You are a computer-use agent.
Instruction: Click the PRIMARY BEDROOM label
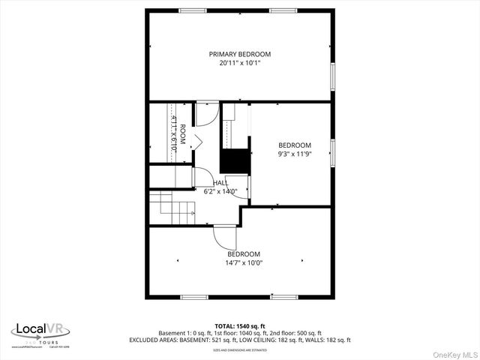(239, 54)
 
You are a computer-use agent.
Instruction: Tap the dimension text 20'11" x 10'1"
(239, 64)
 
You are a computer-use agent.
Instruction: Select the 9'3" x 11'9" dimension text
(294, 155)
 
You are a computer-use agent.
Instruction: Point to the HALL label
(220, 182)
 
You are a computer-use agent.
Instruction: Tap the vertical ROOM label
(181, 133)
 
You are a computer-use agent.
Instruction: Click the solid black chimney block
(234, 161)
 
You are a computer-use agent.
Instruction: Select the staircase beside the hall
(171, 207)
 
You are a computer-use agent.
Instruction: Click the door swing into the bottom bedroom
(224, 237)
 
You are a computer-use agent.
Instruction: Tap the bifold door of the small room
(196, 139)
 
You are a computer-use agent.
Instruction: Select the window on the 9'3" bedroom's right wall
(332, 151)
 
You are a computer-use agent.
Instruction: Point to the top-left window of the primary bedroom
(193, 10)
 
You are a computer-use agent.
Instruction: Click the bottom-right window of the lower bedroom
(284, 297)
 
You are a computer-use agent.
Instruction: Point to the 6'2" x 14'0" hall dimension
(220, 191)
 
